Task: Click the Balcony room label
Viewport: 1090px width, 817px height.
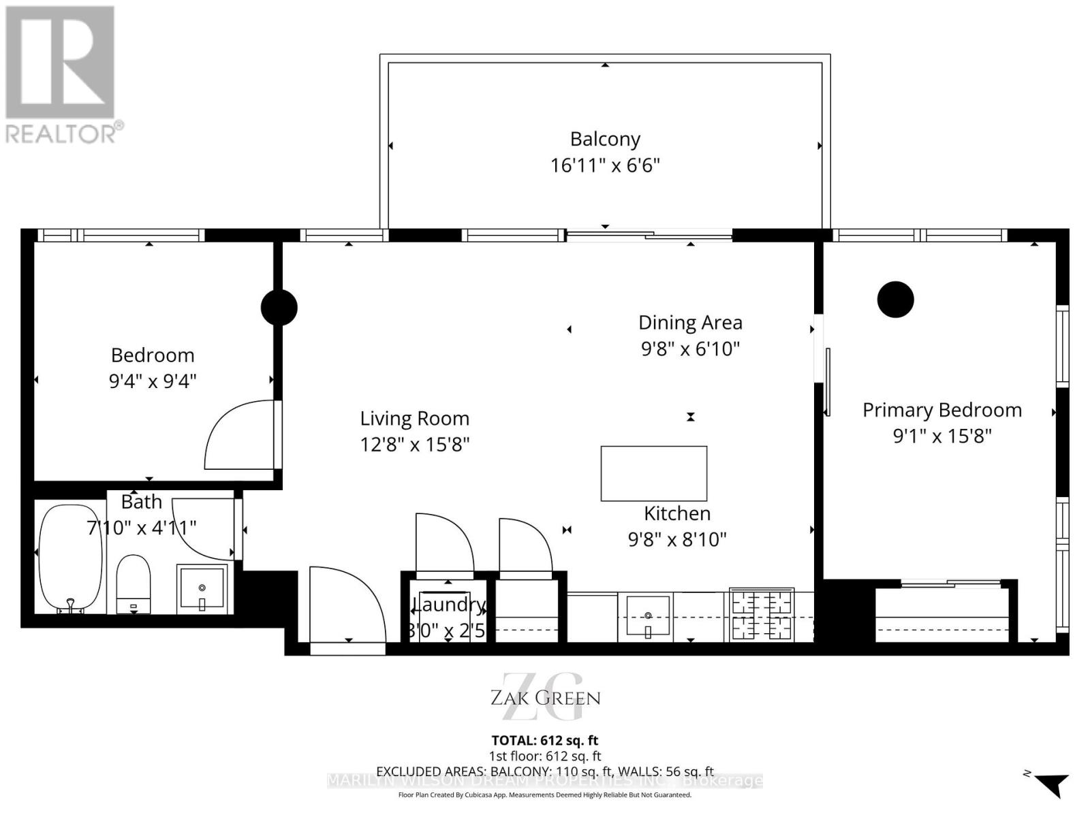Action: click(x=605, y=139)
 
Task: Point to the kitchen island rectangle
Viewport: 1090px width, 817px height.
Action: click(x=653, y=473)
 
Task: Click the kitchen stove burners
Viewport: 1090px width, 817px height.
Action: click(x=761, y=615)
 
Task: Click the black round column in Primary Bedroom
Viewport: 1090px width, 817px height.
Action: click(x=895, y=300)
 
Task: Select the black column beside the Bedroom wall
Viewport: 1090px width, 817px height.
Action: click(x=279, y=307)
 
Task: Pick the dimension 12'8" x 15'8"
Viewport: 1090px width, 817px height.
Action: click(x=415, y=445)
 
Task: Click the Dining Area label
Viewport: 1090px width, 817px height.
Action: click(x=690, y=323)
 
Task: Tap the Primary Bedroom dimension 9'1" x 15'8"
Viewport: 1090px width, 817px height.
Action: click(x=942, y=436)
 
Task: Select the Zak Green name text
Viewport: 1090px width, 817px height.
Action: click(x=546, y=698)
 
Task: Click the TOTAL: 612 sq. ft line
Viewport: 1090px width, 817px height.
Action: click(x=545, y=740)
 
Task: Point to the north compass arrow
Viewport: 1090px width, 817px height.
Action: click(x=1052, y=784)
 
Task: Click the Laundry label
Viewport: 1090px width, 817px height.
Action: click(x=449, y=604)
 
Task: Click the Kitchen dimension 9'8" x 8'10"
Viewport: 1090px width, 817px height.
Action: click(x=677, y=539)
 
